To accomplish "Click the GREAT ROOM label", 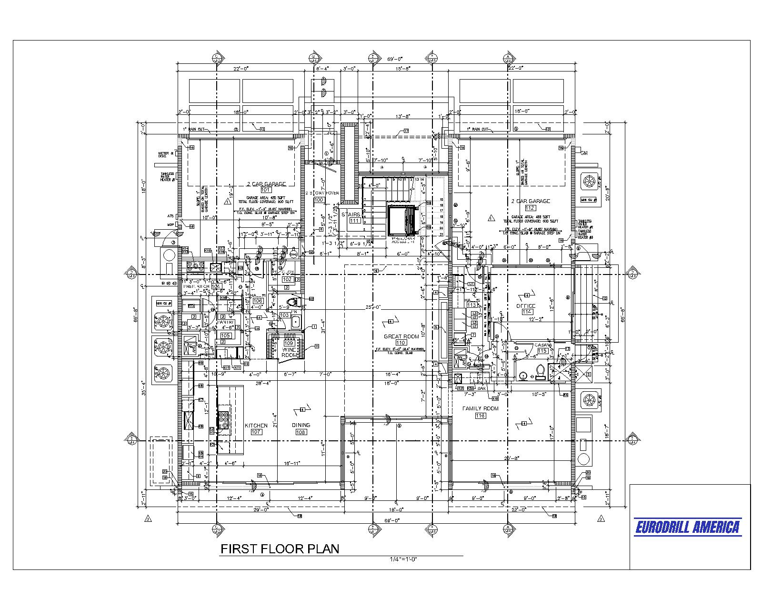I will (401, 336).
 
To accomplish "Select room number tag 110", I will (401, 343).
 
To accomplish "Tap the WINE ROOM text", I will (289, 352).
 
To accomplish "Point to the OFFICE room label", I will (526, 306).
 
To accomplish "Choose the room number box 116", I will (480, 416).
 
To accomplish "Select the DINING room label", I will (301, 425).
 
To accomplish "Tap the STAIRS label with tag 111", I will (354, 214).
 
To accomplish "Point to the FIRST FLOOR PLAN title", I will (280, 549).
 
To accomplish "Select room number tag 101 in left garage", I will (266, 190).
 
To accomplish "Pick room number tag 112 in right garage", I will (530, 208).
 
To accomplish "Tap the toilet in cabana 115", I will (540, 370).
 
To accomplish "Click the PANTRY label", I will (225, 322).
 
